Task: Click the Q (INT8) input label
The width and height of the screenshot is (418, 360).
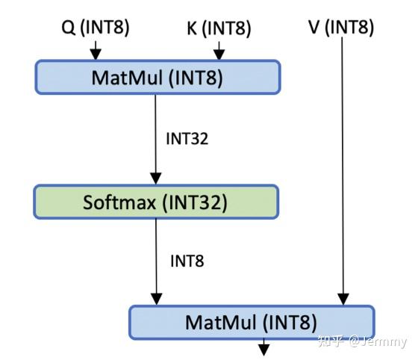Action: pyautogui.click(x=95, y=28)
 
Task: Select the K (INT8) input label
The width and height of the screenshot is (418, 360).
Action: pyautogui.click(x=218, y=29)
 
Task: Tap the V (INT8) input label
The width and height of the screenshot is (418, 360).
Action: pyautogui.click(x=340, y=28)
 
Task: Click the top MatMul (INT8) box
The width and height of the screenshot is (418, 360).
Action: pyautogui.click(x=157, y=78)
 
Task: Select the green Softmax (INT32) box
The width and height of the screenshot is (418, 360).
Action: pyautogui.click(x=156, y=202)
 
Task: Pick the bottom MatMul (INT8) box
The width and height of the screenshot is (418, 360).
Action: pyautogui.click(x=252, y=323)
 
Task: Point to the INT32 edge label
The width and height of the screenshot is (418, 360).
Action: pyautogui.click(x=187, y=139)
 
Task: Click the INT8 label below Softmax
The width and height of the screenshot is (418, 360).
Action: pyautogui.click(x=187, y=261)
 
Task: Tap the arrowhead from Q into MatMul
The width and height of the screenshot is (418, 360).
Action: pyautogui.click(x=95, y=55)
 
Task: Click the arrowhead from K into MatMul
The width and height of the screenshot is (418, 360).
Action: pyautogui.click(x=219, y=55)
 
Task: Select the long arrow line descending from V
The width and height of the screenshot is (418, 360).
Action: pyautogui.click(x=342, y=164)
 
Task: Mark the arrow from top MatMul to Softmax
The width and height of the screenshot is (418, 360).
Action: pyautogui.click(x=156, y=138)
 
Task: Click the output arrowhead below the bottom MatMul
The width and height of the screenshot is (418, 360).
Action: pyautogui.click(x=263, y=348)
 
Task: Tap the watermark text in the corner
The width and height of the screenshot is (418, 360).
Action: pyautogui.click(x=362, y=342)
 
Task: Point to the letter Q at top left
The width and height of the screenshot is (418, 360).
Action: pyautogui.click(x=67, y=28)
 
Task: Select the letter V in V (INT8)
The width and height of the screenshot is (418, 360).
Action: pyautogui.click(x=313, y=28)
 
